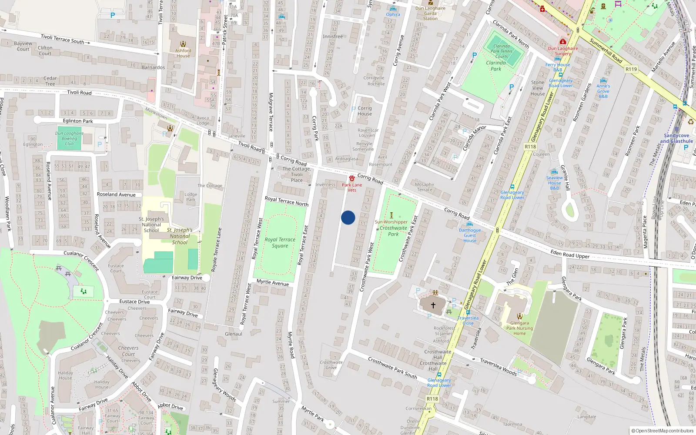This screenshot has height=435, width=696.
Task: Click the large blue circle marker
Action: pos(348,217)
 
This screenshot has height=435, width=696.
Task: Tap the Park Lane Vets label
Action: pos(351,187)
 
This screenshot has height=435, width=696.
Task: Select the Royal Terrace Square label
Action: pos(280,242)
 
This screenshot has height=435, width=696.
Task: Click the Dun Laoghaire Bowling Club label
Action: pos(69,138)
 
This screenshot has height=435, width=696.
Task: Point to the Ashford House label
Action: pos(183,53)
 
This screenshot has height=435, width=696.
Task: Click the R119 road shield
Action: pos(631,69)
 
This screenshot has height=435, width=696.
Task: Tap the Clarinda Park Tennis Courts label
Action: pos(502,51)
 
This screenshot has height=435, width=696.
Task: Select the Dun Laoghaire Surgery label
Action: pos(563,51)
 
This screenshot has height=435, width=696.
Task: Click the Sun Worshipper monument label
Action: pos(391,222)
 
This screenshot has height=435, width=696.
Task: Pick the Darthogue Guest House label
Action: pos(470,235)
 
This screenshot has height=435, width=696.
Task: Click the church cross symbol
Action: pos(433,305)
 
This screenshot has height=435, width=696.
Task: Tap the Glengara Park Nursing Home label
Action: pos(519,328)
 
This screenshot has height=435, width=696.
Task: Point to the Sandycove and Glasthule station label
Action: pos(676,138)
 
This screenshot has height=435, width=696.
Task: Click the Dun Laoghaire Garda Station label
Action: pos(430,13)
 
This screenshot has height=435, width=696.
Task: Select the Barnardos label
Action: pos(153,67)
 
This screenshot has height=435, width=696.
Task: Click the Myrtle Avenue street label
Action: pos(272,283)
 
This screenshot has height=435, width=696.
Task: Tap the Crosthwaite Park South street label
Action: pos(392,368)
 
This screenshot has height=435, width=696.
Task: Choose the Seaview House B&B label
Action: pos(554,183)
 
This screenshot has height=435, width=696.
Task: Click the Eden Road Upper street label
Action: pos(570,254)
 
